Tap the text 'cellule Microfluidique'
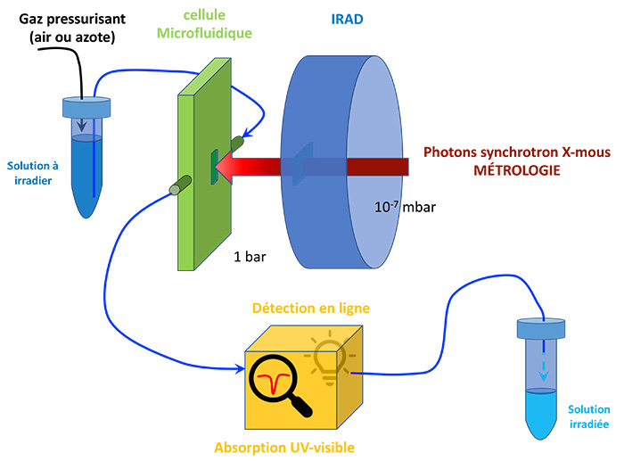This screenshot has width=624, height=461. coord(204,25)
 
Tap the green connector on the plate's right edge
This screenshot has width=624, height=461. coord(241,142)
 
